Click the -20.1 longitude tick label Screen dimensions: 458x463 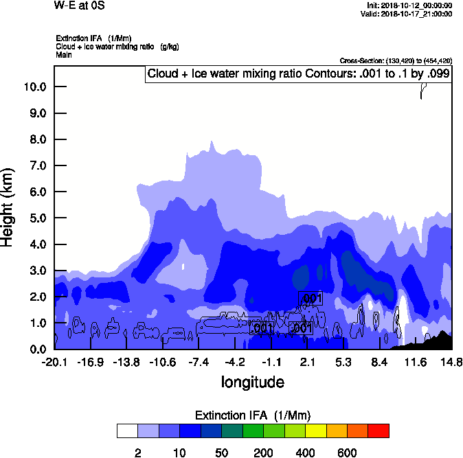[54, 362]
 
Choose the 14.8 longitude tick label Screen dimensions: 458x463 [451, 362]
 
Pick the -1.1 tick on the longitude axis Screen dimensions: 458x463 [271, 362]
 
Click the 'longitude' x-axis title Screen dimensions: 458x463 [252, 381]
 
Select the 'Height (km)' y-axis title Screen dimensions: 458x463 [9, 207]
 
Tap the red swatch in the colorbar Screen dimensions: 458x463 [379, 431]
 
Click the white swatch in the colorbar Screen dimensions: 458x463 [127, 431]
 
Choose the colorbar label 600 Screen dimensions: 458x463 [348, 453]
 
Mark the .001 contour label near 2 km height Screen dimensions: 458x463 [310, 298]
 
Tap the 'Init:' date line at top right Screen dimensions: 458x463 [409, 5]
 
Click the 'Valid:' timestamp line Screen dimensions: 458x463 [410, 14]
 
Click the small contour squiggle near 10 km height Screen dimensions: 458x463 [424, 90]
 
